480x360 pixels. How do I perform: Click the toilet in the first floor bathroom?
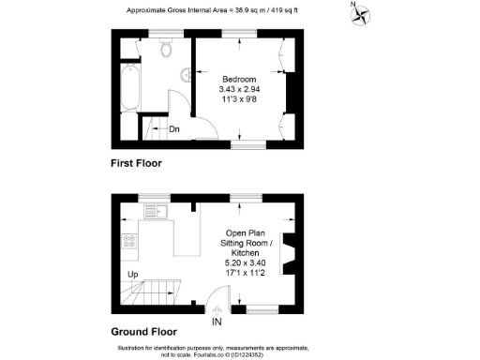(167, 47)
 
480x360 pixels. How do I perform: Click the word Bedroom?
(238, 78)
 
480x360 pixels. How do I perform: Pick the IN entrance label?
(217, 322)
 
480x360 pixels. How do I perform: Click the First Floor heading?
(137, 163)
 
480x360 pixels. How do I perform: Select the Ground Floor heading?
(143, 331)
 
